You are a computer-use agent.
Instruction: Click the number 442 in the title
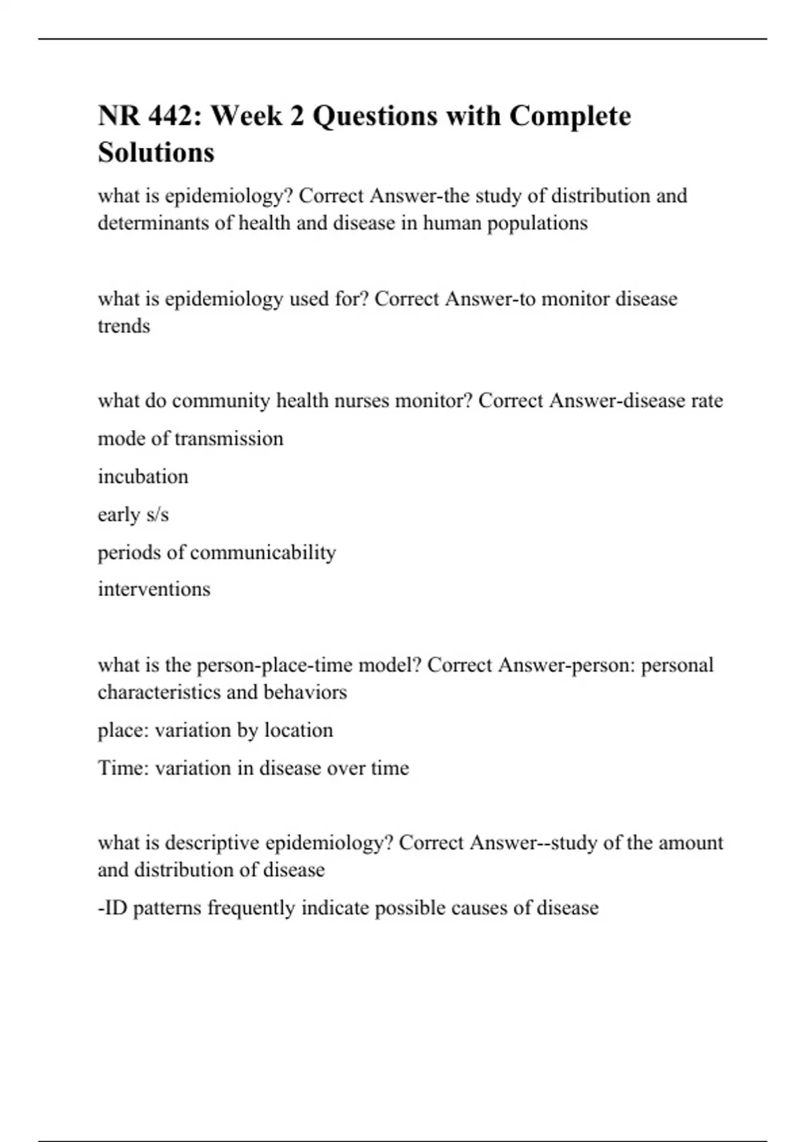click(x=171, y=116)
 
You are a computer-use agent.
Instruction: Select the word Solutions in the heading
click(x=156, y=152)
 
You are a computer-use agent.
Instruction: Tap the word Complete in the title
click(x=570, y=116)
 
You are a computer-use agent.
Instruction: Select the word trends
click(x=124, y=326)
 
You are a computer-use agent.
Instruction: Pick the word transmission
click(x=228, y=439)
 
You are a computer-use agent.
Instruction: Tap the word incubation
click(x=143, y=476)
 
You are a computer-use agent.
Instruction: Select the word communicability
click(x=263, y=552)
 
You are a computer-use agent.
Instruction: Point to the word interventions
click(x=154, y=589)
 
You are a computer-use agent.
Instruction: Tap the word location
click(x=298, y=730)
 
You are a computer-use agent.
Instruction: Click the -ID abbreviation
click(x=112, y=908)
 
